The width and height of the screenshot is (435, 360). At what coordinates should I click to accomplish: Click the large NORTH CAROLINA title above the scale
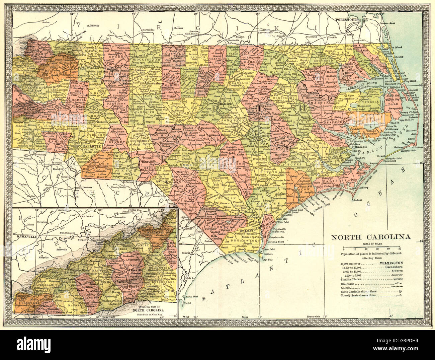371,237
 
